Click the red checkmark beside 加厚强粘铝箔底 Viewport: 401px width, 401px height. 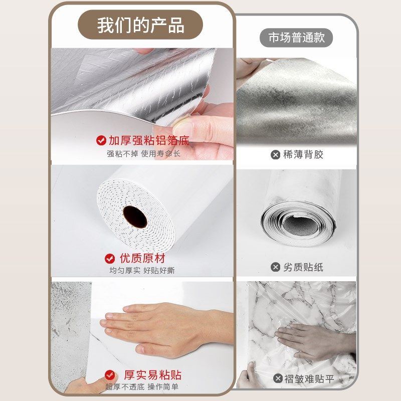[x=100, y=140]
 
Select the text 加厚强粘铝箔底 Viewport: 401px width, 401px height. [x=149, y=140]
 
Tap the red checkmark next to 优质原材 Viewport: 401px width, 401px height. [x=110, y=259]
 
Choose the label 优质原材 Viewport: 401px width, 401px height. [x=142, y=259]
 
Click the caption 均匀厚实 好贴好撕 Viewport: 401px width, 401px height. [x=142, y=271]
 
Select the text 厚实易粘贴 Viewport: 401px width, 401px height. [x=152, y=375]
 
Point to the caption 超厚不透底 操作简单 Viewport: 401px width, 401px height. [x=142, y=387]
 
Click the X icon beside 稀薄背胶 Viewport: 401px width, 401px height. [x=275, y=155]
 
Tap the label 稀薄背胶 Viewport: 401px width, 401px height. [x=303, y=155]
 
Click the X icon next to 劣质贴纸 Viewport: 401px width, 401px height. [x=275, y=267]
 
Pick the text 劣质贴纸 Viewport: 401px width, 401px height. [x=303, y=267]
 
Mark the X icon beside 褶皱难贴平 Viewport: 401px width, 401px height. [x=278, y=378]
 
